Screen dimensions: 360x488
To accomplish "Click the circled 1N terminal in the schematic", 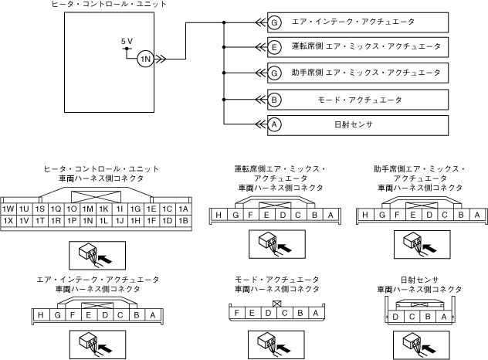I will (144, 58).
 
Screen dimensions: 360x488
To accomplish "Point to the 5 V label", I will (127, 40).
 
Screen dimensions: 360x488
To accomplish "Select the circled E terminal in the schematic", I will (274, 46).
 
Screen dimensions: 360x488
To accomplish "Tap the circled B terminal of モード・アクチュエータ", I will (274, 100).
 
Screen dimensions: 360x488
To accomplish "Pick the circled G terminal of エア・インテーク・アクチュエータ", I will (274, 21).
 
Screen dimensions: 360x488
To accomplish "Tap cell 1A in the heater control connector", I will (183, 209).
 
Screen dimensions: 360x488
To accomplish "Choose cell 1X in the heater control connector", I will (9, 221).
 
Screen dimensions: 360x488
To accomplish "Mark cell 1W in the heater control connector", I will (9, 209).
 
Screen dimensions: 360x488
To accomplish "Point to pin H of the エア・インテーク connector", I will (39, 314).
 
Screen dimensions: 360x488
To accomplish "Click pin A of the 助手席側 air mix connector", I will (476, 215).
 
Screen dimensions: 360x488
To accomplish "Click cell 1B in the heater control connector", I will (183, 221).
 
